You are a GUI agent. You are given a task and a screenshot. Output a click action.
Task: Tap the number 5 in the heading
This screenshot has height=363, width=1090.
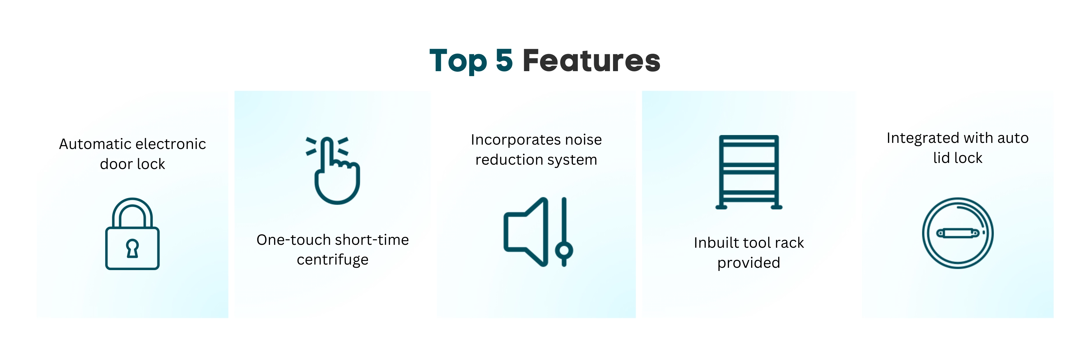(x=504, y=60)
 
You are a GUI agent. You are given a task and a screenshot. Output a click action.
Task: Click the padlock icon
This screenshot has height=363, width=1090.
(x=133, y=234)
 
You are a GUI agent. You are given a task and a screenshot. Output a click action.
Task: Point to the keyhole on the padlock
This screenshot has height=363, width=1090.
(x=133, y=248)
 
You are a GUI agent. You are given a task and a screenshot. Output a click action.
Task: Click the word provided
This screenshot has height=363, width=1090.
(x=748, y=263)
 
